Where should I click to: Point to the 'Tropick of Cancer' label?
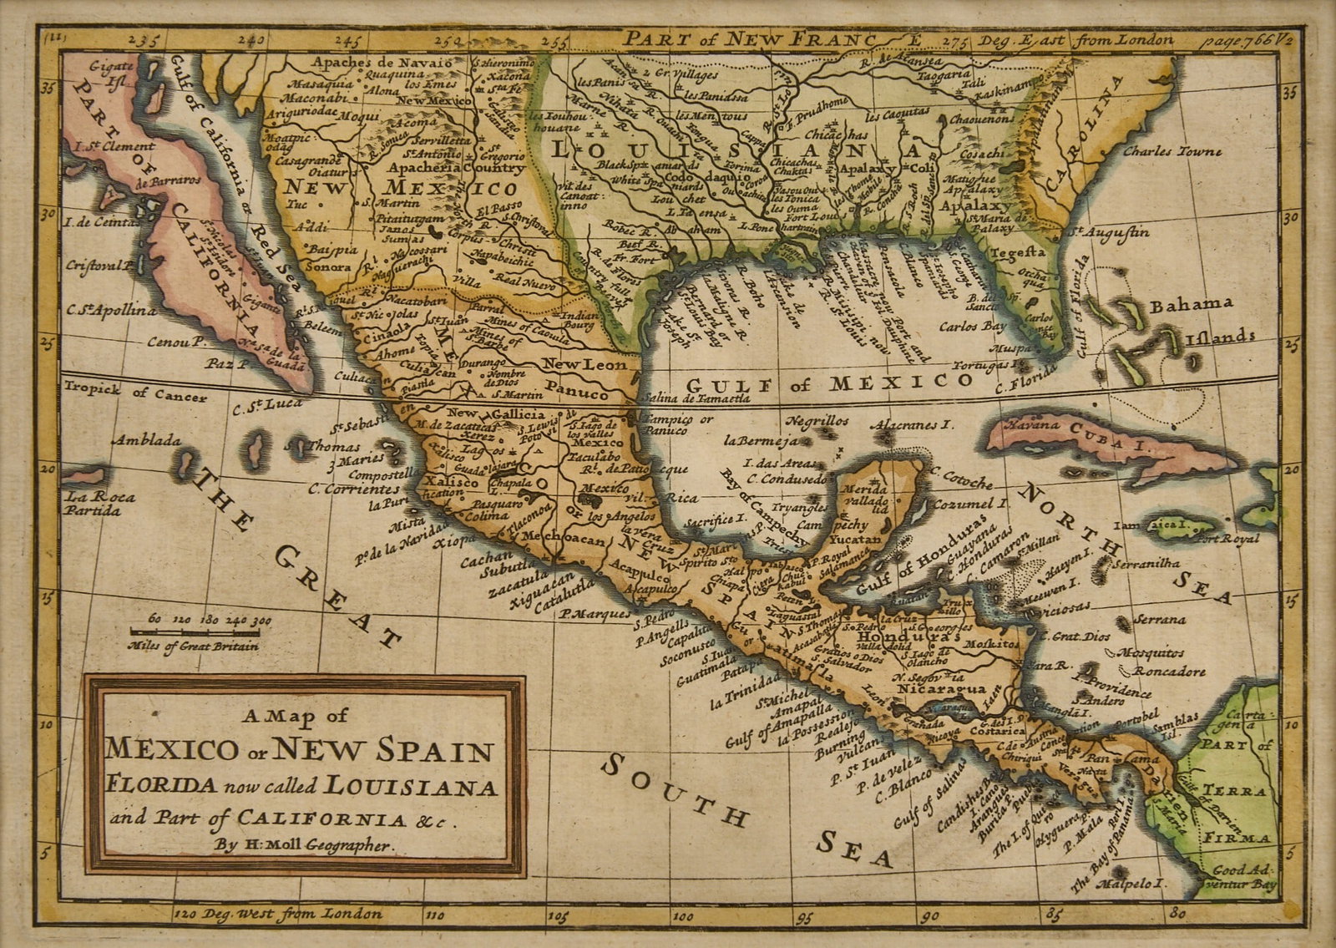click(x=134, y=392)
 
